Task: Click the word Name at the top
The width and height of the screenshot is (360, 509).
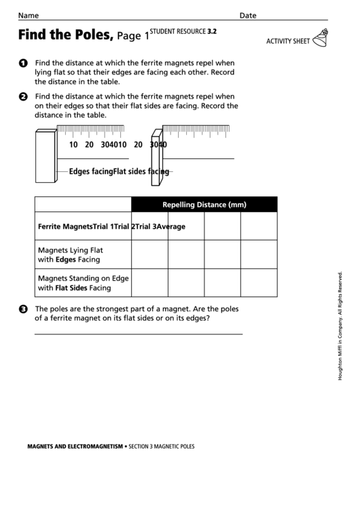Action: click(x=29, y=15)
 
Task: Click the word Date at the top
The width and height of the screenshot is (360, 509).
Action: click(x=248, y=15)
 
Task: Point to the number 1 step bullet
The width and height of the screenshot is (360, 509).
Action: click(x=24, y=63)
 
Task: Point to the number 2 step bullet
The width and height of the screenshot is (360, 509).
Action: click(x=24, y=96)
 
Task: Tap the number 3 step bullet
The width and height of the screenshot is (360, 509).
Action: click(x=24, y=309)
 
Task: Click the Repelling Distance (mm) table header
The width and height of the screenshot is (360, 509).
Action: click(x=204, y=205)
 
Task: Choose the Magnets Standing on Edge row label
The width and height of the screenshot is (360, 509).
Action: click(x=83, y=283)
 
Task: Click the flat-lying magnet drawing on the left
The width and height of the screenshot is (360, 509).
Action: click(x=46, y=156)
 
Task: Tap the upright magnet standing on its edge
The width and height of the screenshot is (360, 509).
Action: click(x=156, y=157)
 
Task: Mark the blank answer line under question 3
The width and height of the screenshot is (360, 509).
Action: click(x=138, y=334)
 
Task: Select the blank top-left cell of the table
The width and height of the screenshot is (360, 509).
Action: click(x=82, y=205)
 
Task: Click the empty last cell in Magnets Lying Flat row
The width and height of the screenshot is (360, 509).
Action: click(x=259, y=254)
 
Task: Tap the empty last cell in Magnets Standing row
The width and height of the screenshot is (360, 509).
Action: click(x=259, y=283)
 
